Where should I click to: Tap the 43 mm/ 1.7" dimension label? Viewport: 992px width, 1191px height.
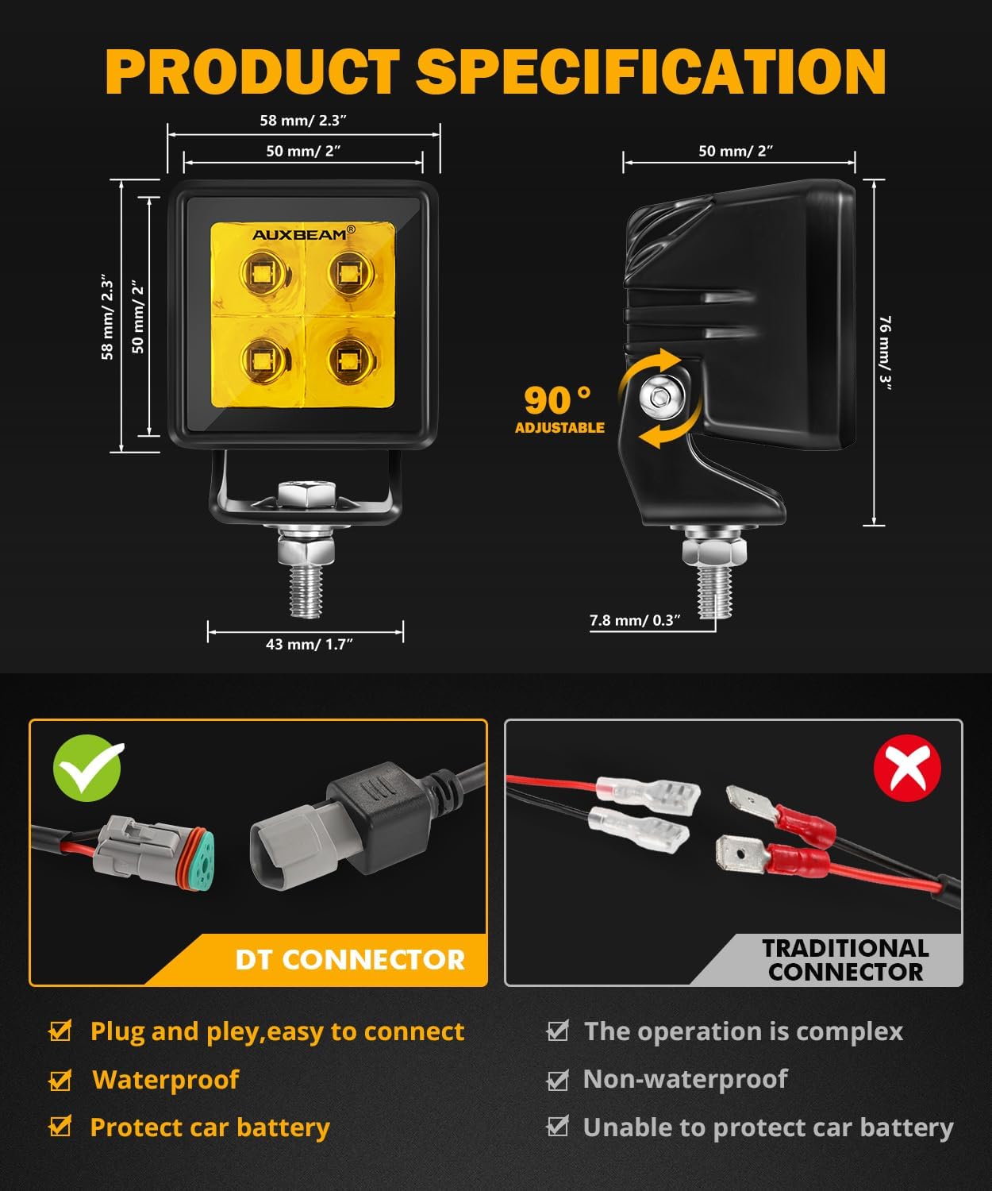(309, 644)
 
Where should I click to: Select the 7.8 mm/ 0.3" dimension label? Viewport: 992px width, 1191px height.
(635, 620)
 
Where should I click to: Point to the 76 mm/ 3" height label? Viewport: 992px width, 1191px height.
(885, 350)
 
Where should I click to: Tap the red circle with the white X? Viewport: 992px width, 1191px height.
(906, 768)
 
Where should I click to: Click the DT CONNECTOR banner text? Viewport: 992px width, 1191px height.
(349, 960)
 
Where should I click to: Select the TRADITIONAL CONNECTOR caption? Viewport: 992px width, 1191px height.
(845, 959)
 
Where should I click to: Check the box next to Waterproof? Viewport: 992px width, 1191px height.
(60, 1080)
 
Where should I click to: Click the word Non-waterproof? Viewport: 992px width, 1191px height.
(685, 1079)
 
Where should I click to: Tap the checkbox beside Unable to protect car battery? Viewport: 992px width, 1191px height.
(558, 1127)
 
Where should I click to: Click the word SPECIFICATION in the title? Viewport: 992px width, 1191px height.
(650, 71)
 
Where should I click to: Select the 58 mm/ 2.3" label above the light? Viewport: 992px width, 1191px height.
(303, 121)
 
